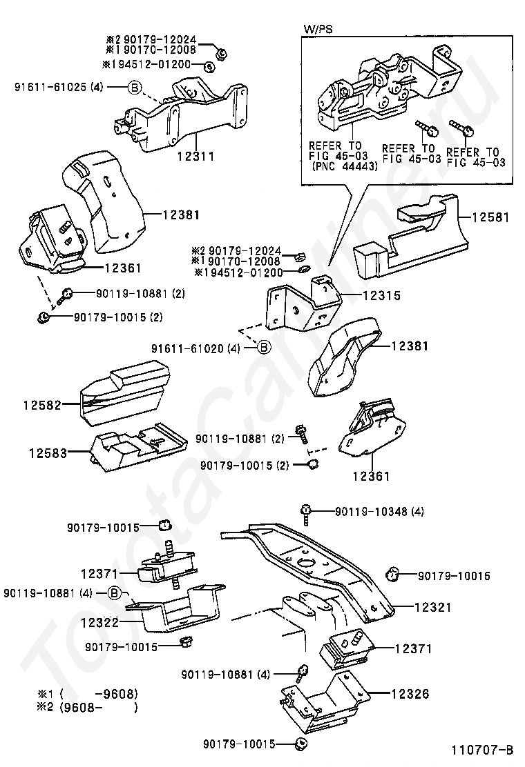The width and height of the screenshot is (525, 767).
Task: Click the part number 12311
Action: (195, 157)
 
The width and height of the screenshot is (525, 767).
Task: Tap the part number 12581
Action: (490, 217)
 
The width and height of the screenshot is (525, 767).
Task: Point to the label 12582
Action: (43, 405)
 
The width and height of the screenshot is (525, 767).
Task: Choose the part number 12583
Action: (48, 453)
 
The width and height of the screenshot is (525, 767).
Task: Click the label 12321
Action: (432, 608)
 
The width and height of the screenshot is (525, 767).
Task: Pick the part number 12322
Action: (99, 621)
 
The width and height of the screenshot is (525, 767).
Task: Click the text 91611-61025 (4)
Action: (59, 87)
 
